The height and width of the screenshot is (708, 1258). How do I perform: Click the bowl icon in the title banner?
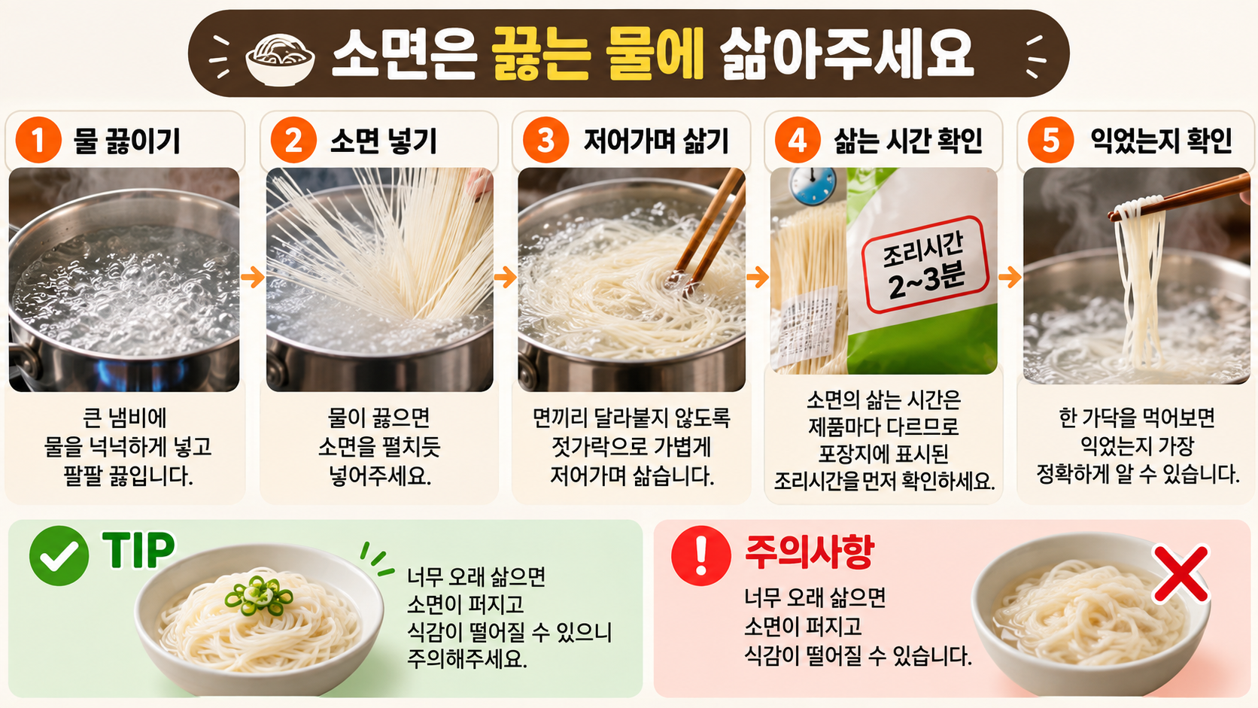(x=280, y=59)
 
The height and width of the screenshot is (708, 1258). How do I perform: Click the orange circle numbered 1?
(x=38, y=141)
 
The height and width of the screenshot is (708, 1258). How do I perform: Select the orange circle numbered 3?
(x=545, y=141)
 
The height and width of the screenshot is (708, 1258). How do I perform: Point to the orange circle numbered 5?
(x=1051, y=141)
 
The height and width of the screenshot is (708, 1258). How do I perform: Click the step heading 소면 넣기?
(x=384, y=141)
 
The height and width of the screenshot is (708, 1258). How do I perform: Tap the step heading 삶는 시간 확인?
(x=908, y=141)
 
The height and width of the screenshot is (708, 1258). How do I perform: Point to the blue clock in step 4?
(x=812, y=185)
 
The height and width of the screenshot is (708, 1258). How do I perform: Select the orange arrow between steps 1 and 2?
(x=253, y=277)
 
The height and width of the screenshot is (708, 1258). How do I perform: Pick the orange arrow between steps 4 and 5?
(x=1010, y=277)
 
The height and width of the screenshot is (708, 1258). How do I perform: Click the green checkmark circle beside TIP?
(x=59, y=556)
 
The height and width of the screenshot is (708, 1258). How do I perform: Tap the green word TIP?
(x=138, y=550)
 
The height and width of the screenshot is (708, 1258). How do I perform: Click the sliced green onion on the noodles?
(x=259, y=595)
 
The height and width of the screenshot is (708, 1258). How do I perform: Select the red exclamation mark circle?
(x=701, y=556)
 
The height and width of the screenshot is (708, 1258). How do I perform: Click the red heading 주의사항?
(x=810, y=552)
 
